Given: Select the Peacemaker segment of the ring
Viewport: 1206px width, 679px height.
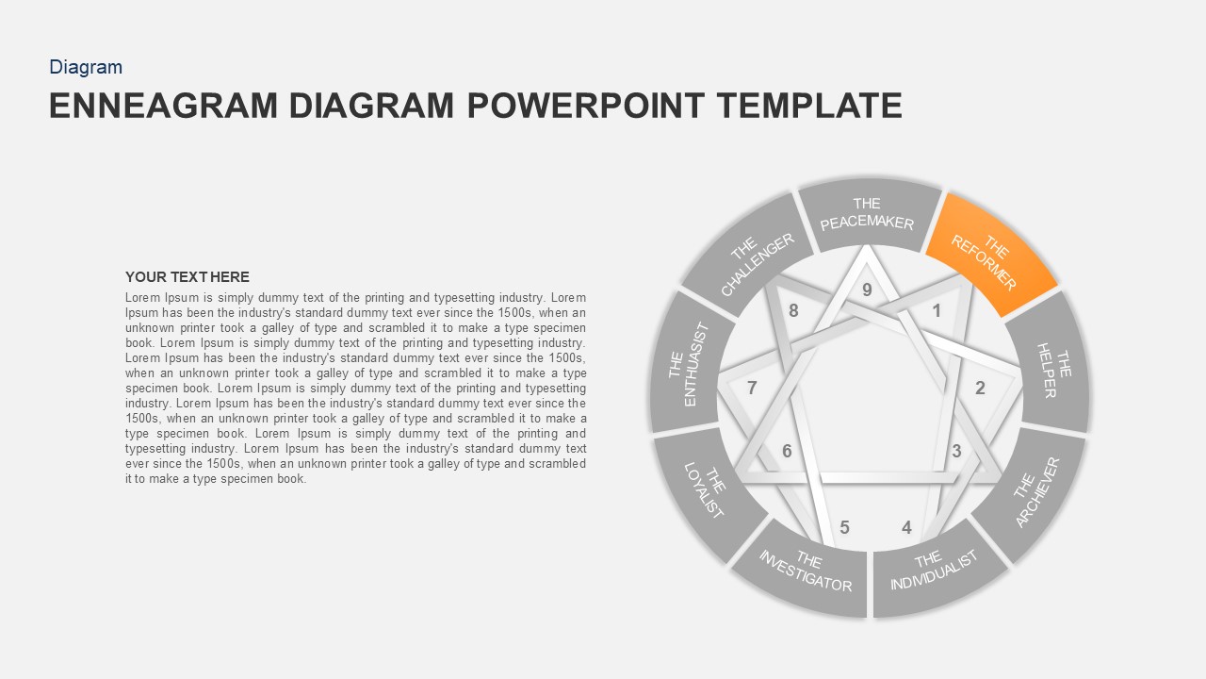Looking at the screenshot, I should [x=868, y=215].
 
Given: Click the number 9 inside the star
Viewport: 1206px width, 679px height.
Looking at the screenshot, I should [x=867, y=290].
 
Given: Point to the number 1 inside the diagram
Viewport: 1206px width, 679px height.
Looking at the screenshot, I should [x=937, y=311].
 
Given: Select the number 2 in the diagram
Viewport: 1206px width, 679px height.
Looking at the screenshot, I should [x=980, y=388].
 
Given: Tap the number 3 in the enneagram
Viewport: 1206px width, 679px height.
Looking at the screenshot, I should [x=956, y=451].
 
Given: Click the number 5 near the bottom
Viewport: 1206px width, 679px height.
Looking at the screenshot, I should [x=844, y=527].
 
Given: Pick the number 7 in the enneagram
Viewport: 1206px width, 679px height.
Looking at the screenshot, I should [x=752, y=388].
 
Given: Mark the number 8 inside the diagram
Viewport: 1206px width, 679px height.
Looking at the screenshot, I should [x=793, y=310].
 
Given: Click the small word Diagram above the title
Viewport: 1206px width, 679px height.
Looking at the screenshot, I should [x=86, y=67].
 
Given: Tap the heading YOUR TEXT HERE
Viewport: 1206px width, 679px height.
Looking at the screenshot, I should [x=187, y=277].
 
